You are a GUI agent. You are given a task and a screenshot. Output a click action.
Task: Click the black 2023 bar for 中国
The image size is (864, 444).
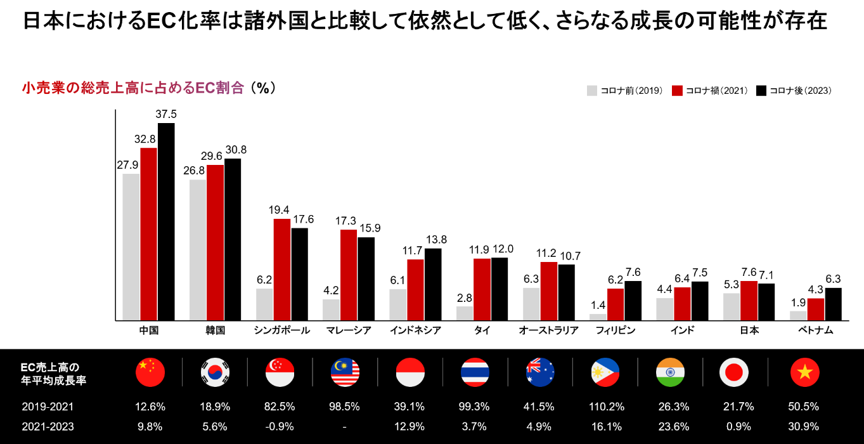tap(166, 222)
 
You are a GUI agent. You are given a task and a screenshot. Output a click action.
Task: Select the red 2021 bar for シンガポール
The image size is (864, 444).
tap(282, 270)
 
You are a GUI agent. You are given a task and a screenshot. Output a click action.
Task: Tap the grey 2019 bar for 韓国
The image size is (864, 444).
tap(198, 250)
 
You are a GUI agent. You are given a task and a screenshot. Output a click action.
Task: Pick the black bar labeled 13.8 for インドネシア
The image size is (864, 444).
tap(433, 284)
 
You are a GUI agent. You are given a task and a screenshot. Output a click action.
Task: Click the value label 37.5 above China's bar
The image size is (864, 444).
tap(166, 114)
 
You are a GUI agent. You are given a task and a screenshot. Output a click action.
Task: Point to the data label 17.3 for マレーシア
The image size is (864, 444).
tap(348, 221)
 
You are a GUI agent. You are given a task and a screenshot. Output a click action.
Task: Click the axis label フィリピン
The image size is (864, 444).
tap(616, 330)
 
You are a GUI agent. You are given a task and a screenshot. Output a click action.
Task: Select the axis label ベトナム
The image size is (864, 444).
tap(815, 330)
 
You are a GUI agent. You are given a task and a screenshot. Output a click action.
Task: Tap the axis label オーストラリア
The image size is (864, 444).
tap(548, 330)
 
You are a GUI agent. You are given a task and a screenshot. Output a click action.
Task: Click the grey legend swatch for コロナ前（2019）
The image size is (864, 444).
tap(592, 91)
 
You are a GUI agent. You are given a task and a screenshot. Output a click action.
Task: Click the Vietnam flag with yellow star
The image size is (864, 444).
tap(805, 372)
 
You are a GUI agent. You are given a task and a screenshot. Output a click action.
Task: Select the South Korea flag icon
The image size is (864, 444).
tap(215, 372)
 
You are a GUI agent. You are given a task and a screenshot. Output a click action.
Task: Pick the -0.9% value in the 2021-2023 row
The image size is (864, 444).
tap(280, 426)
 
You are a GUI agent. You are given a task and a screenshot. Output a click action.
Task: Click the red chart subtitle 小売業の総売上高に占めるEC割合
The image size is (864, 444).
tap(133, 88)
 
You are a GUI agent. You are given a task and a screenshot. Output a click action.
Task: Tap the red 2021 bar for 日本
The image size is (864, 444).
tap(749, 301)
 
